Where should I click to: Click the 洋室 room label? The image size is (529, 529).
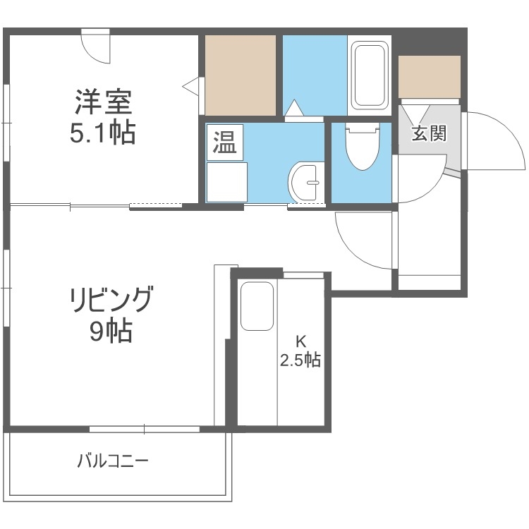point(104,103)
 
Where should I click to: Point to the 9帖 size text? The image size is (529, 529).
point(111,332)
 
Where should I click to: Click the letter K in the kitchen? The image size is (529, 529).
point(300,340)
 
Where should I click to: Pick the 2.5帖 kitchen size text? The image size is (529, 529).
point(300,360)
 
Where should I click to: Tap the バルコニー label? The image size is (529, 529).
point(113,462)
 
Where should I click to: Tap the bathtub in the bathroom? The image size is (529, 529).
point(370,75)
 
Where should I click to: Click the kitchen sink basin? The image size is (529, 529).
point(257,307)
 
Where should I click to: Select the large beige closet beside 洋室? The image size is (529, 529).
point(240,75)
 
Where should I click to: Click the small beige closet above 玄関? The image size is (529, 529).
point(430,77)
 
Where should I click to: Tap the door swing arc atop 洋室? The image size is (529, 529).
point(96,48)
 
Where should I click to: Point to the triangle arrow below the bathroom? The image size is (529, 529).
point(294,109)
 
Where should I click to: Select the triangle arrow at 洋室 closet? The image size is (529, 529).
point(190,86)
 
